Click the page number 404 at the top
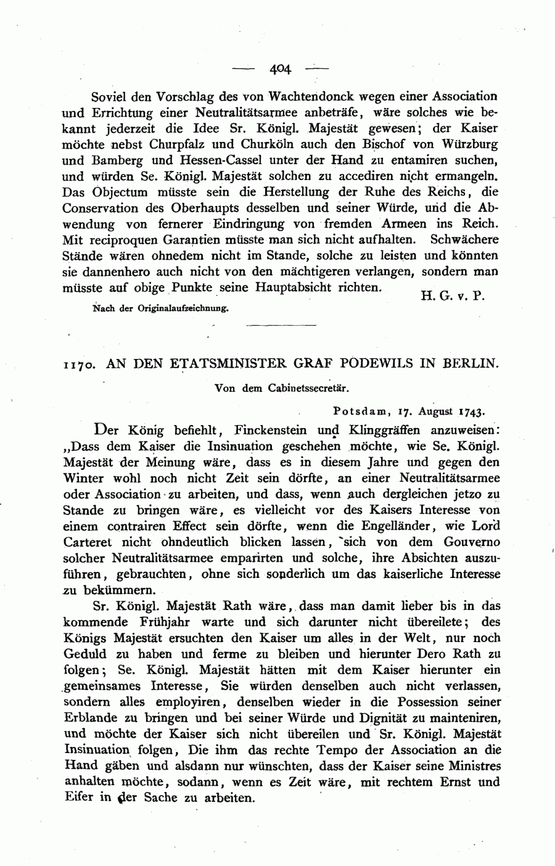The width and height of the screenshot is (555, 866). point(279,68)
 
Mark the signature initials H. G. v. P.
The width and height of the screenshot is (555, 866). point(453,295)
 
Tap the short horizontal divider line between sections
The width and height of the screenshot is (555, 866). point(281,324)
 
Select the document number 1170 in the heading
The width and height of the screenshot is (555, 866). point(79,364)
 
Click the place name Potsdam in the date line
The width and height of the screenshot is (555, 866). point(359,410)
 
